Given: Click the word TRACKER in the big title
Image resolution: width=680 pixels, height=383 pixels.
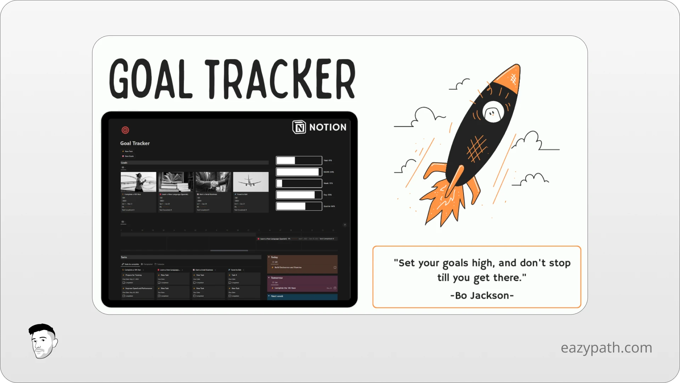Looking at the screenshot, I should pyautogui.click(x=280, y=79).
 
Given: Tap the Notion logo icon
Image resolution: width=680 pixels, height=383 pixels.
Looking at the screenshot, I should pyautogui.click(x=299, y=127).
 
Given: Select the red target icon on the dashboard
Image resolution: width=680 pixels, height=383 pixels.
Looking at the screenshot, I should pyautogui.click(x=125, y=130).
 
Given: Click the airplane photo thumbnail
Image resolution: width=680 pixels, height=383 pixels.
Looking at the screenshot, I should pyautogui.click(x=251, y=182).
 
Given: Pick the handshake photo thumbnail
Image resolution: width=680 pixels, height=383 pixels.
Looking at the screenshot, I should pyautogui.click(x=213, y=182).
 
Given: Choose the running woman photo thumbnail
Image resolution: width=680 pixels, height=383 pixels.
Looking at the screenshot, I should pyautogui.click(x=138, y=182).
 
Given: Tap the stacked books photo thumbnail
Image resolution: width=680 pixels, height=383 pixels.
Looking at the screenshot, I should pyautogui.click(x=176, y=182).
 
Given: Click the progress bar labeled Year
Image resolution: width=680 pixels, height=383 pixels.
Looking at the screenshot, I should pyautogui.click(x=299, y=161).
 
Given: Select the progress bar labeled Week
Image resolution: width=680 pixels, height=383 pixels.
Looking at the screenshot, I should pyautogui.click(x=299, y=183).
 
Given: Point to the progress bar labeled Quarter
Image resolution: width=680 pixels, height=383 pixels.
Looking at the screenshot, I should pyautogui.click(x=299, y=206).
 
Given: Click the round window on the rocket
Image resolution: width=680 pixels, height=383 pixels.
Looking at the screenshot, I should pyautogui.click(x=493, y=112).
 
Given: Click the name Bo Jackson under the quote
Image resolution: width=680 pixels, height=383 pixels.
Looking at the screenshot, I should pyautogui.click(x=482, y=295).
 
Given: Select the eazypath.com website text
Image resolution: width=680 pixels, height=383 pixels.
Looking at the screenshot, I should pyautogui.click(x=606, y=348).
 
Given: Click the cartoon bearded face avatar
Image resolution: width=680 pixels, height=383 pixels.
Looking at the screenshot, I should pyautogui.click(x=43, y=341).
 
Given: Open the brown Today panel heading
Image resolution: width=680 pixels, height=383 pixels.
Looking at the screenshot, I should pyautogui.click(x=274, y=257).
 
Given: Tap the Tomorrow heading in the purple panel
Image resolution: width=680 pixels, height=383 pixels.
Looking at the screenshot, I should pyautogui.click(x=277, y=278).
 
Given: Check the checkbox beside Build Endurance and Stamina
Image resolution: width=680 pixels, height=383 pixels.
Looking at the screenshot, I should pyautogui.click(x=335, y=267).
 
